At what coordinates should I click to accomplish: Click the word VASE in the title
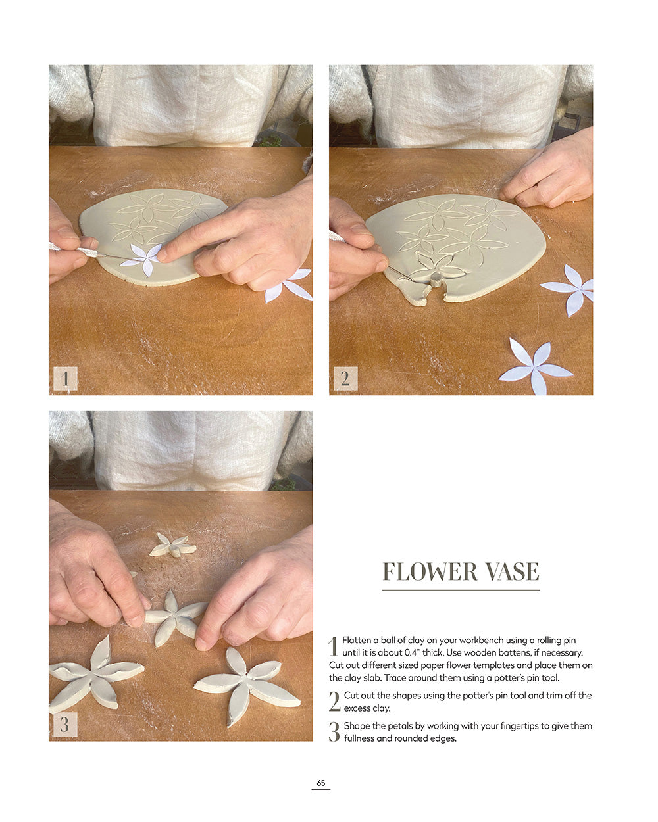click(x=513, y=572)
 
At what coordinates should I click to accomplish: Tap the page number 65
click(x=321, y=783)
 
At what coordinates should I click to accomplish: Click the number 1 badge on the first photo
click(x=65, y=379)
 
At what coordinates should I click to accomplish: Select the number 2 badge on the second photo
click(x=345, y=379)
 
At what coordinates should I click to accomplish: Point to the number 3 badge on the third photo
click(x=65, y=725)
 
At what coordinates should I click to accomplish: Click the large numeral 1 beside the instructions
click(x=333, y=646)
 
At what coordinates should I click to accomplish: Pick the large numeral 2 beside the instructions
click(x=334, y=702)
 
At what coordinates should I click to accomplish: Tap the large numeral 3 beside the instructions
click(x=334, y=732)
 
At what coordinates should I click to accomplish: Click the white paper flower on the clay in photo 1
click(x=143, y=258)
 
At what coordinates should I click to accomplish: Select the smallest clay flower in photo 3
click(x=173, y=546)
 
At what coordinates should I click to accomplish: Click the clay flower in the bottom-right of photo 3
click(x=245, y=684)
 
